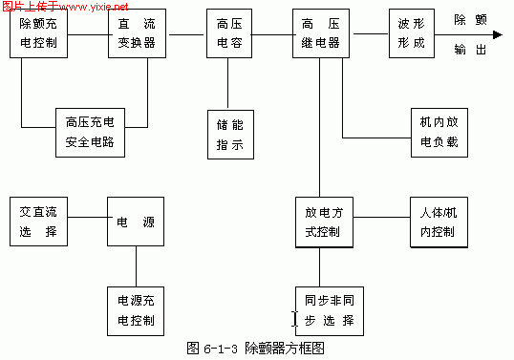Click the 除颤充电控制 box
(37, 34)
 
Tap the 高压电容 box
(228, 34)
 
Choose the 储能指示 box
(228, 135)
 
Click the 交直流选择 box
(38, 222)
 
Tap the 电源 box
(135, 222)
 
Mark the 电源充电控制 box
(135, 309)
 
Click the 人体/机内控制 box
(437, 222)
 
